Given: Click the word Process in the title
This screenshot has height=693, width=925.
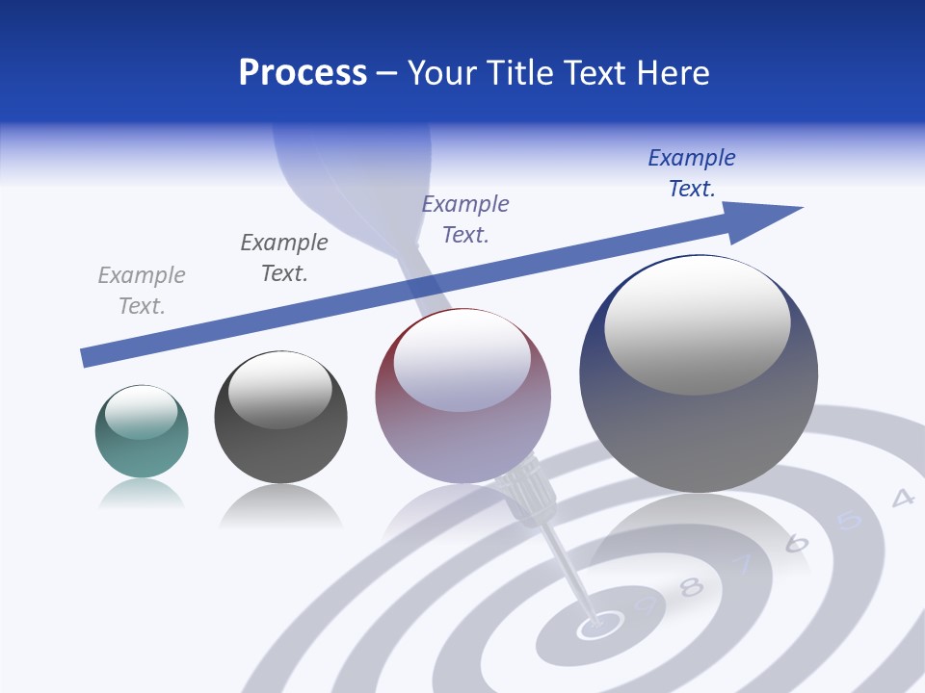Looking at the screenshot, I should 303,73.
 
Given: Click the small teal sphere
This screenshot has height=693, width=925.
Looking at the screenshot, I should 142,432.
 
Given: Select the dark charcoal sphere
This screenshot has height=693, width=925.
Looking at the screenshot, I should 280,418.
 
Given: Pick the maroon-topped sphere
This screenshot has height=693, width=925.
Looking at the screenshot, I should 462,397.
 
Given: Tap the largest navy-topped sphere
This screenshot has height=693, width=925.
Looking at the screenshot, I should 699,373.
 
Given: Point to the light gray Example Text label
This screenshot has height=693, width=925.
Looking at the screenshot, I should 142,291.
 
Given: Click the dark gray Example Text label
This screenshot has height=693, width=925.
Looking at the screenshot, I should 284,258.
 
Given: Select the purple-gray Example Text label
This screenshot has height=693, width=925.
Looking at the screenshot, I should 465,219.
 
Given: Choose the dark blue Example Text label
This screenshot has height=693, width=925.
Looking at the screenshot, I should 692,173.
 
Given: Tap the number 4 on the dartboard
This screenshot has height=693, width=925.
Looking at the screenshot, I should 902,498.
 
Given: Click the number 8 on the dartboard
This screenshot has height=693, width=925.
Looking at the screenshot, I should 691,586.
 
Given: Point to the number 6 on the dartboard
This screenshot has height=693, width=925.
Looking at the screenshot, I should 796,543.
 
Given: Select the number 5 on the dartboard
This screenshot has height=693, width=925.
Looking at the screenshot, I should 849,521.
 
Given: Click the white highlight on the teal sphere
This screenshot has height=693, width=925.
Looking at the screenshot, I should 142,412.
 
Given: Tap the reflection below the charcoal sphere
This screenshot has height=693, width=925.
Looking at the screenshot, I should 280,505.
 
